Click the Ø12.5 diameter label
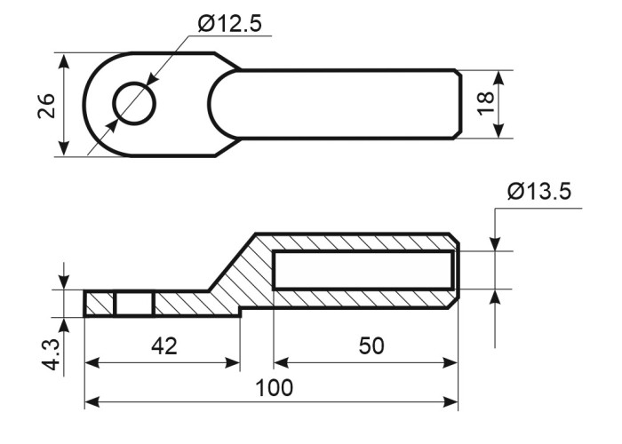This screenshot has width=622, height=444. [229, 24]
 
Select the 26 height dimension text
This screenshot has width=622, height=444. [46, 106]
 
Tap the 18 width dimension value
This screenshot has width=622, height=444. [485, 104]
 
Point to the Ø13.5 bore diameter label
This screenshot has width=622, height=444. [539, 191]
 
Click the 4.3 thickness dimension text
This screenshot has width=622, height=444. [52, 354]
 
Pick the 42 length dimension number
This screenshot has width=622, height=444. [164, 345]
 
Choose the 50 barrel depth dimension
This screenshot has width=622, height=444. [371, 345]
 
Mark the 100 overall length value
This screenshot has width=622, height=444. [274, 388]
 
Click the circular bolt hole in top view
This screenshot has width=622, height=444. [134, 104]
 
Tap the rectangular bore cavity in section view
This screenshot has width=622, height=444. [363, 270]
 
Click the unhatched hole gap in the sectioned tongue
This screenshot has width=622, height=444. [134, 305]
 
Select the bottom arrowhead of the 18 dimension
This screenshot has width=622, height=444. [499, 130]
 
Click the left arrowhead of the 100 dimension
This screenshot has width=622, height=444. [92, 402]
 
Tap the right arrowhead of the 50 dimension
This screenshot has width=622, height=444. [451, 362]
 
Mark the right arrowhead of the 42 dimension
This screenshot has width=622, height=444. [233, 362]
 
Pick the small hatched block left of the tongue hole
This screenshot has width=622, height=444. [100, 305]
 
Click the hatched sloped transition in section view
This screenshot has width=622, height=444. [238, 274]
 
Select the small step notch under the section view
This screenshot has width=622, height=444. [241, 311]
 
